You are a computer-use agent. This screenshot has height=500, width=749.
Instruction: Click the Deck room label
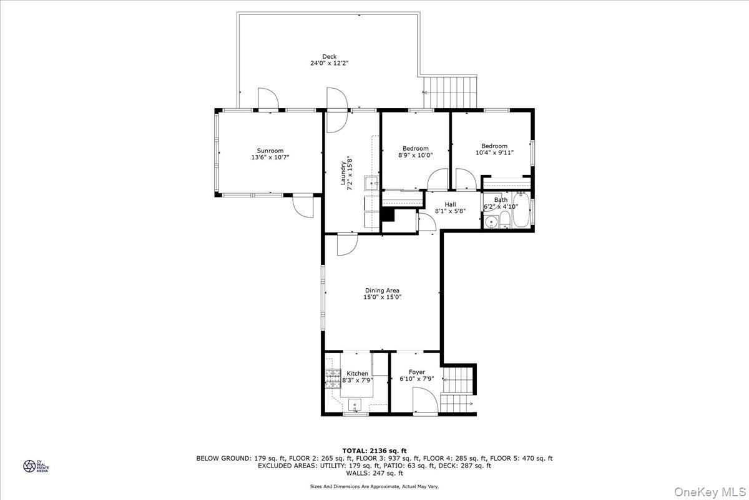(329, 56)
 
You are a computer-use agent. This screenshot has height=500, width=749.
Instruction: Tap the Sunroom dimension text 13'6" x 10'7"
(270, 157)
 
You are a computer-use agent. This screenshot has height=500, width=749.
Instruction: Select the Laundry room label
(343, 171)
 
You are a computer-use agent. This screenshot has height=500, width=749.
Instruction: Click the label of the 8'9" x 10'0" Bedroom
(415, 148)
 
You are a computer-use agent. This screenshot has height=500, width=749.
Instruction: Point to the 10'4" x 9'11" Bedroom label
(494, 146)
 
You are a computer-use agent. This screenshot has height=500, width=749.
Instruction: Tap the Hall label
(450, 204)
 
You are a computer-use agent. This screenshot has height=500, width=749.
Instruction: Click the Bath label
(501, 200)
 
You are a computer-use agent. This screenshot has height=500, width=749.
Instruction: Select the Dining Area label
(382, 290)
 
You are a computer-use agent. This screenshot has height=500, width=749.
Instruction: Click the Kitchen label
(357, 373)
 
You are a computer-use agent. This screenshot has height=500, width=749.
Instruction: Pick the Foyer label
(416, 372)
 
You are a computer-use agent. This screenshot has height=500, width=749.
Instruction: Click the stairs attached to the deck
(451, 92)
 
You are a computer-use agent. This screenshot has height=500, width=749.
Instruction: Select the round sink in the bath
(491, 221)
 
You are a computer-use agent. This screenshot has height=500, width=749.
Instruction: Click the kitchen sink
(356, 404)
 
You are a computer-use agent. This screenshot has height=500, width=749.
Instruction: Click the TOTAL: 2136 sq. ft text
(374, 450)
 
